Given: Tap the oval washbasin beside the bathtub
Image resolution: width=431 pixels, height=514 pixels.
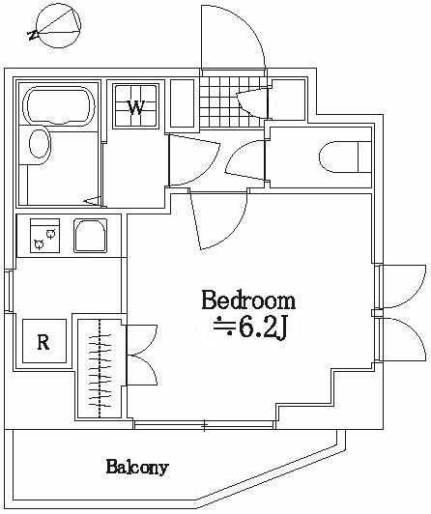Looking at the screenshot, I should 40,145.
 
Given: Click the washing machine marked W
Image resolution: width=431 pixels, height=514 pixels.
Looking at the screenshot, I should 136,106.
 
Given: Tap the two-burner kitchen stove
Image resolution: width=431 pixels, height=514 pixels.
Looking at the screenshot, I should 44,235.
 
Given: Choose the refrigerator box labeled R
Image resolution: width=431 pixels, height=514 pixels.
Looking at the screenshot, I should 42,340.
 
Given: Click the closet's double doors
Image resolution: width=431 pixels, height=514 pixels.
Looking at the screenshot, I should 140,356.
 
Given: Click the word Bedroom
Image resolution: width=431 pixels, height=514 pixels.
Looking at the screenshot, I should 248,299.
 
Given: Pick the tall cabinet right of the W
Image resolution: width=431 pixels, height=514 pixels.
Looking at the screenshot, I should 182,104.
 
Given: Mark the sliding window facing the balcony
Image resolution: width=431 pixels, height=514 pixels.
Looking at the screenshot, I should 205,424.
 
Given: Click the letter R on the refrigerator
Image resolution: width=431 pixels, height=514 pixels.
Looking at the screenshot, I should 42,341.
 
